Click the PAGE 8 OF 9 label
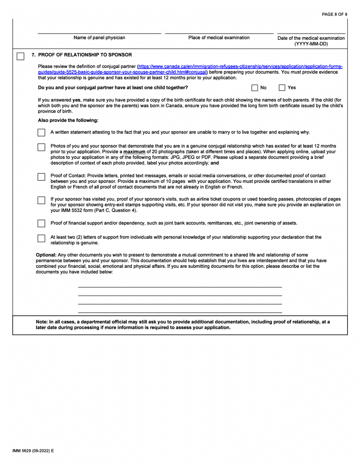click(335, 14)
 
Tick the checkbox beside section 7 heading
click(20, 56)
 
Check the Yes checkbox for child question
click(282, 88)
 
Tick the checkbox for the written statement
click(41, 133)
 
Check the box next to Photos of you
click(41, 147)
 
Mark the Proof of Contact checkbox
click(41, 177)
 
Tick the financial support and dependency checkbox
click(41, 223)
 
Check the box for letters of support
click(41, 238)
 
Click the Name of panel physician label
click(99, 38)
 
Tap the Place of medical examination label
click(219, 38)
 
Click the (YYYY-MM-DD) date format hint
click(311, 44)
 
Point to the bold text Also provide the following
click(68, 120)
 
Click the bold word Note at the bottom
click(42, 322)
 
